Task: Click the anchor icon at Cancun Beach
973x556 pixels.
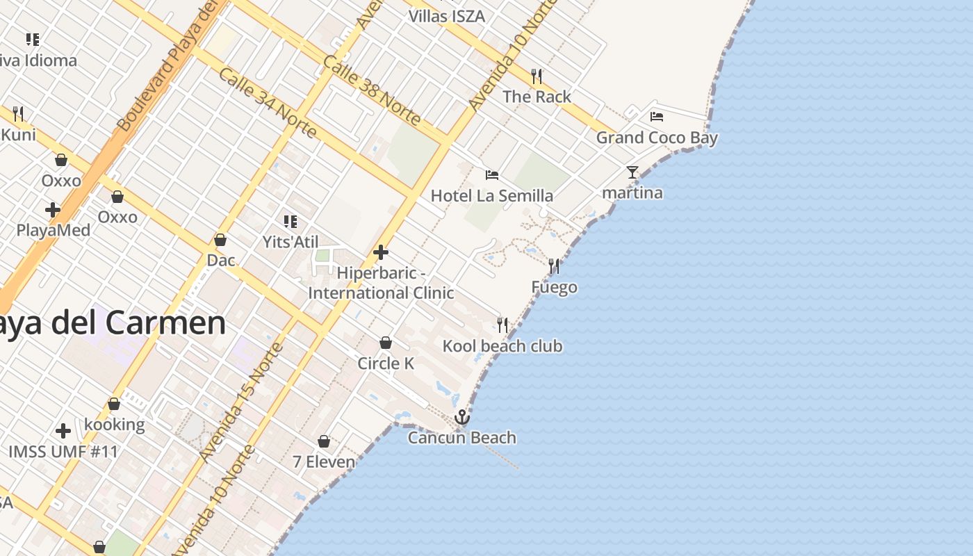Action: pos(461,417)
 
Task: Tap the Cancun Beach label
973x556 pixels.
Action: pos(461,438)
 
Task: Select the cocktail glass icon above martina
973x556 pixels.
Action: pos(632,172)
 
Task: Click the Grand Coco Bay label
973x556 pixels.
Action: pos(656,138)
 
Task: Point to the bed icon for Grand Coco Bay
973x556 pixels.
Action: pos(656,116)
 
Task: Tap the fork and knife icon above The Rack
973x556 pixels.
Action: pos(537,76)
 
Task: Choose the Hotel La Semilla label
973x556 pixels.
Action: pos(491,196)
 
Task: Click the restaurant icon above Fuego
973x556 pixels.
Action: pos(554,265)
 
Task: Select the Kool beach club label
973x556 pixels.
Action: pos(502,346)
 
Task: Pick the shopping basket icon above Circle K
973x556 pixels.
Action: pos(385,343)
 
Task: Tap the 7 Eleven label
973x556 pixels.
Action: pos(323,462)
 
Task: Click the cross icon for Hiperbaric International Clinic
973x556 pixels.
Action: pos(381,252)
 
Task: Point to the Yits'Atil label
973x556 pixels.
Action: pos(291,242)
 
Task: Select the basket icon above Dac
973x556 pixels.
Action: pos(220,240)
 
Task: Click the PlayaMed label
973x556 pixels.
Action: pos(53,230)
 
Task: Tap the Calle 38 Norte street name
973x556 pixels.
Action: pos(371,90)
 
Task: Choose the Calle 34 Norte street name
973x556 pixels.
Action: pos(268,103)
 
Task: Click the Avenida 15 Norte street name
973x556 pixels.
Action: pos(240,403)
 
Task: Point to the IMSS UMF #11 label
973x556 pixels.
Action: pos(63,452)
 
